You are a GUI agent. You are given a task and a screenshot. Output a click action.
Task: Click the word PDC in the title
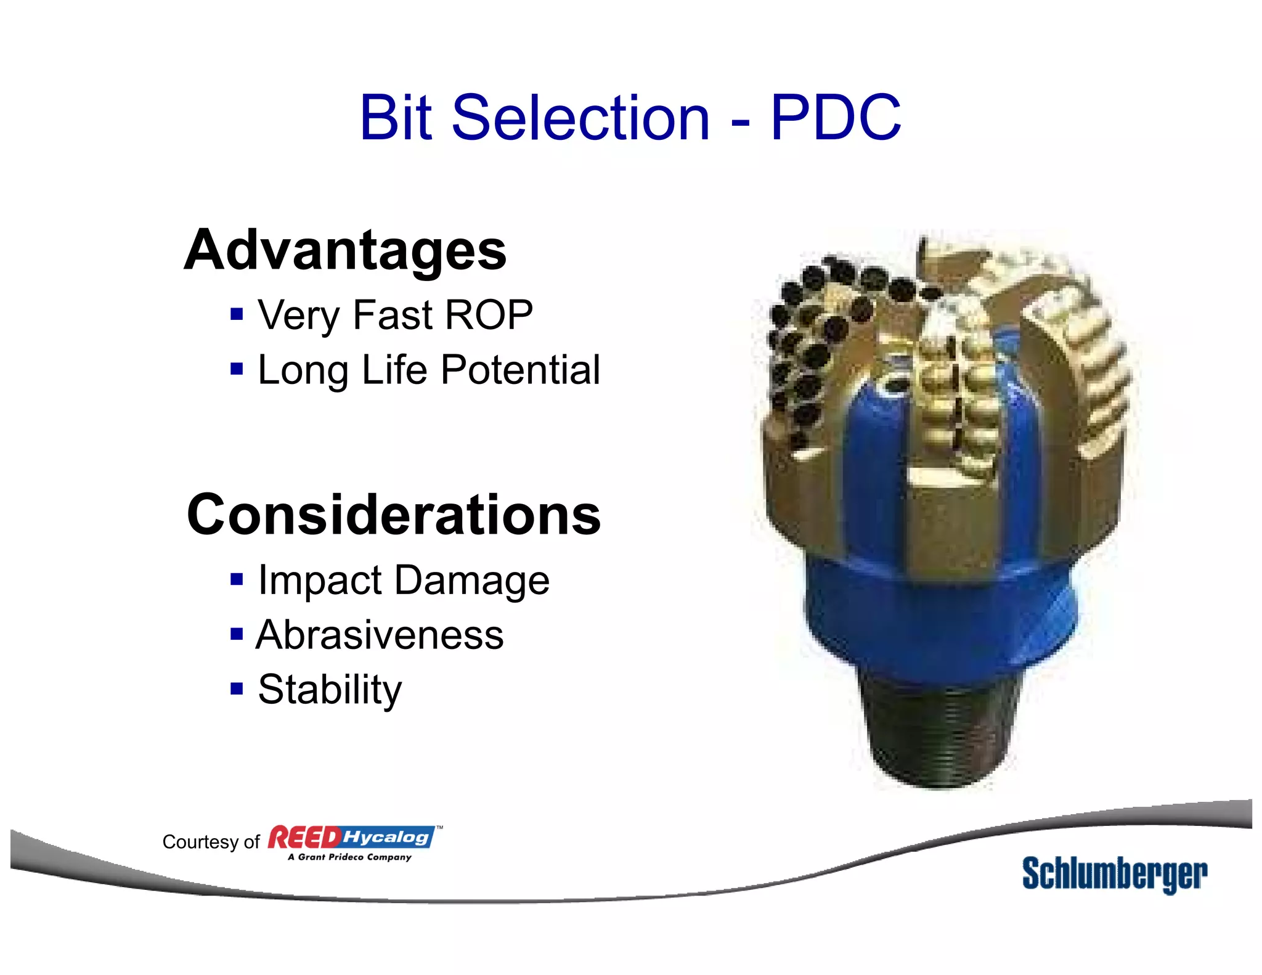836,117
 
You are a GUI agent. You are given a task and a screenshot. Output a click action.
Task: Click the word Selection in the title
580,117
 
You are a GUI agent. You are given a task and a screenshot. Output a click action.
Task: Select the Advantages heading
345,250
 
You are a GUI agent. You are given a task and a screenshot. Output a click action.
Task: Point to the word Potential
521,370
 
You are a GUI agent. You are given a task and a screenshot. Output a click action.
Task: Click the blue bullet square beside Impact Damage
237,579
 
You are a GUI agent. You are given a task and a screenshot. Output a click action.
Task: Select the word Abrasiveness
380,635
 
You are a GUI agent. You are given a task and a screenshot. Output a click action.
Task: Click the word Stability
330,689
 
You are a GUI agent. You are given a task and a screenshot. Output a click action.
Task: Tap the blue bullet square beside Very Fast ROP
237,315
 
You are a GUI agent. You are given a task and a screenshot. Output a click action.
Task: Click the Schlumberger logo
1114,874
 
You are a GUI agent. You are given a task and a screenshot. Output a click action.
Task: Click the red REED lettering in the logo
304,838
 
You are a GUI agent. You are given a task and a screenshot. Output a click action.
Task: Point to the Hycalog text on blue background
386,837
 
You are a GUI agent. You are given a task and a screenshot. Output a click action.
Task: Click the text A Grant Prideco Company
349,857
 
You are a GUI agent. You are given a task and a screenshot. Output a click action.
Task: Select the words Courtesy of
211,842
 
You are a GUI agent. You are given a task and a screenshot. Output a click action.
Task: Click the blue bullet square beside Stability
237,688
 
